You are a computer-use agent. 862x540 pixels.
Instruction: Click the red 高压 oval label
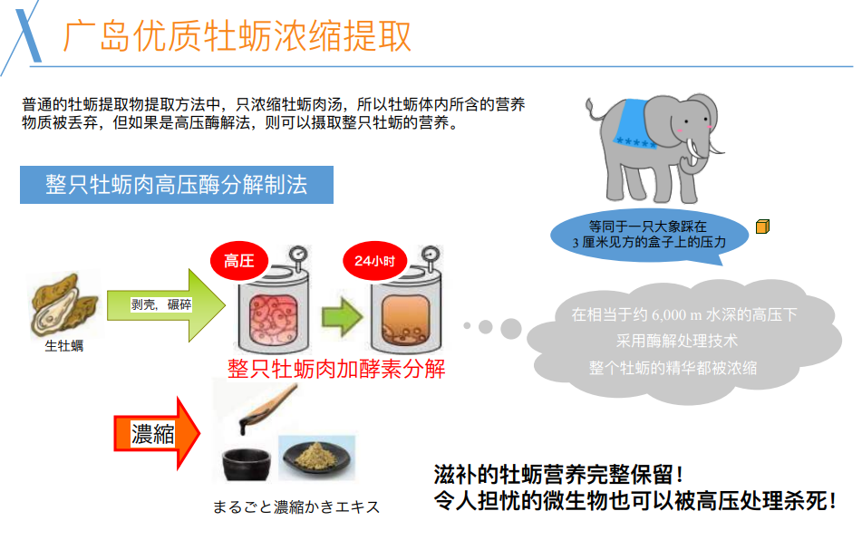coord(238,262)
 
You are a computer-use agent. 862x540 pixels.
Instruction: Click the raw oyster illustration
coord(64,304)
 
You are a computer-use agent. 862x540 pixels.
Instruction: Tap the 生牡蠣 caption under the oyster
coord(64,345)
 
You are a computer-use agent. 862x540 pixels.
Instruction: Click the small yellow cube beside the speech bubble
coord(762,226)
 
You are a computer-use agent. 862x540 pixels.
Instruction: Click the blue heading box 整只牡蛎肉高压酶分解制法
coord(177,185)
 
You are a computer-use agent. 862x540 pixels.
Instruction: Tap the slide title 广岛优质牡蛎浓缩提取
coord(237,35)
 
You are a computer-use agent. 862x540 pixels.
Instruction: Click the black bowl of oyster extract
coord(247,462)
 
